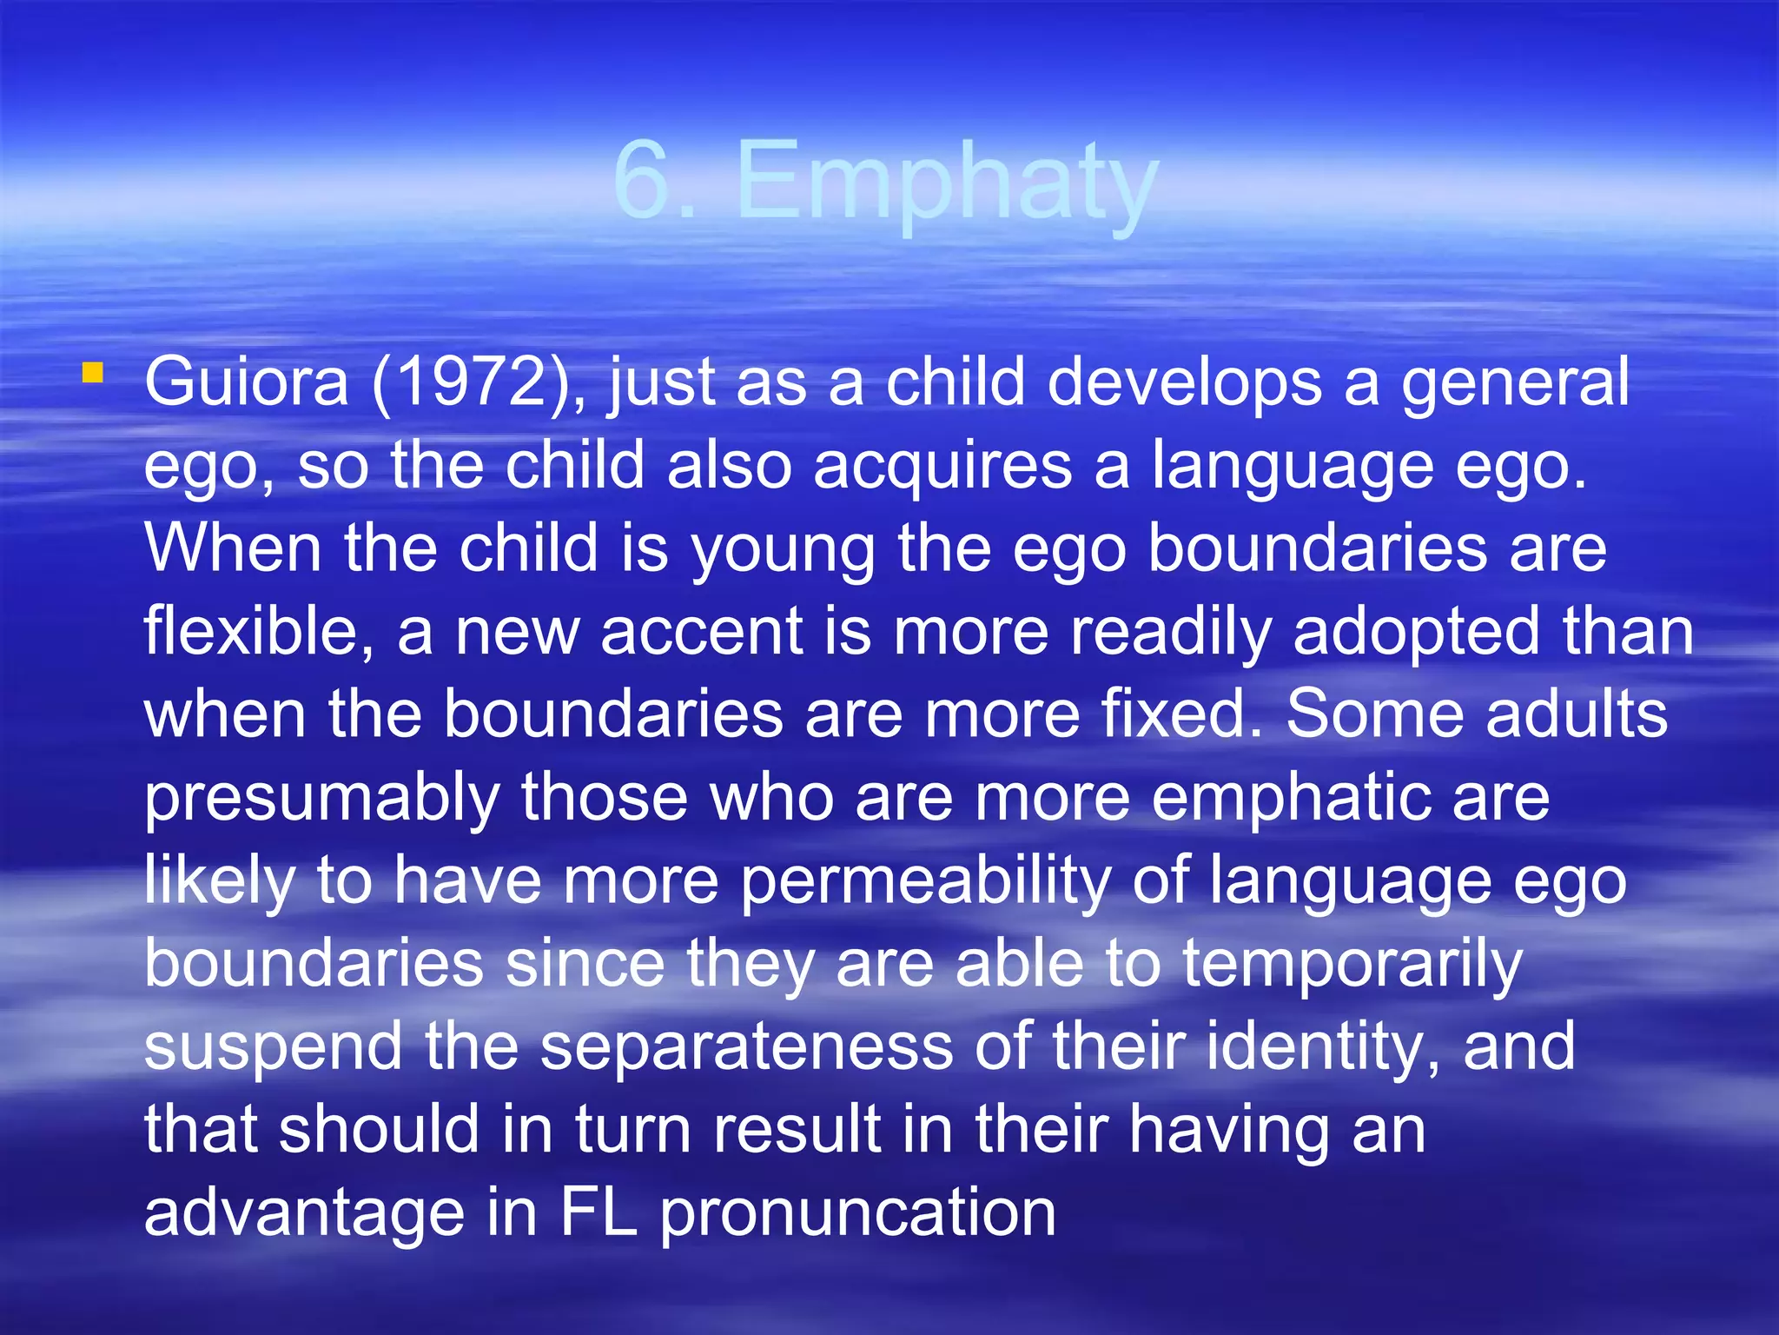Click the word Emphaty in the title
(x=947, y=184)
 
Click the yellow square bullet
(x=92, y=375)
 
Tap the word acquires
(x=942, y=467)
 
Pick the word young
(x=783, y=550)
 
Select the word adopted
(x=1417, y=632)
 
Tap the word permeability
(x=925, y=881)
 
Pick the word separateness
(x=746, y=1046)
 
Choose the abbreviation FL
(x=598, y=1213)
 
